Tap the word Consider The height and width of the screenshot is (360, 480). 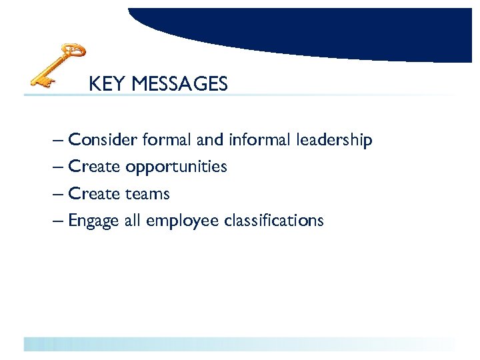[x=103, y=140]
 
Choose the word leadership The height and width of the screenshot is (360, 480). [x=335, y=141]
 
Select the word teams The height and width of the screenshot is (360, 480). [x=147, y=194]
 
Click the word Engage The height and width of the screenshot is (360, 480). [x=94, y=221]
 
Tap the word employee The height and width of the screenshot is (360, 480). [x=181, y=221]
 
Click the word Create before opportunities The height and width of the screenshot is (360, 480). [x=94, y=167]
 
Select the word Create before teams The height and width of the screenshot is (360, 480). [x=94, y=194]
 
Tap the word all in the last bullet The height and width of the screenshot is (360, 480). [x=132, y=221]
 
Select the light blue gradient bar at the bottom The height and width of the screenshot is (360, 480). [x=240, y=344]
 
